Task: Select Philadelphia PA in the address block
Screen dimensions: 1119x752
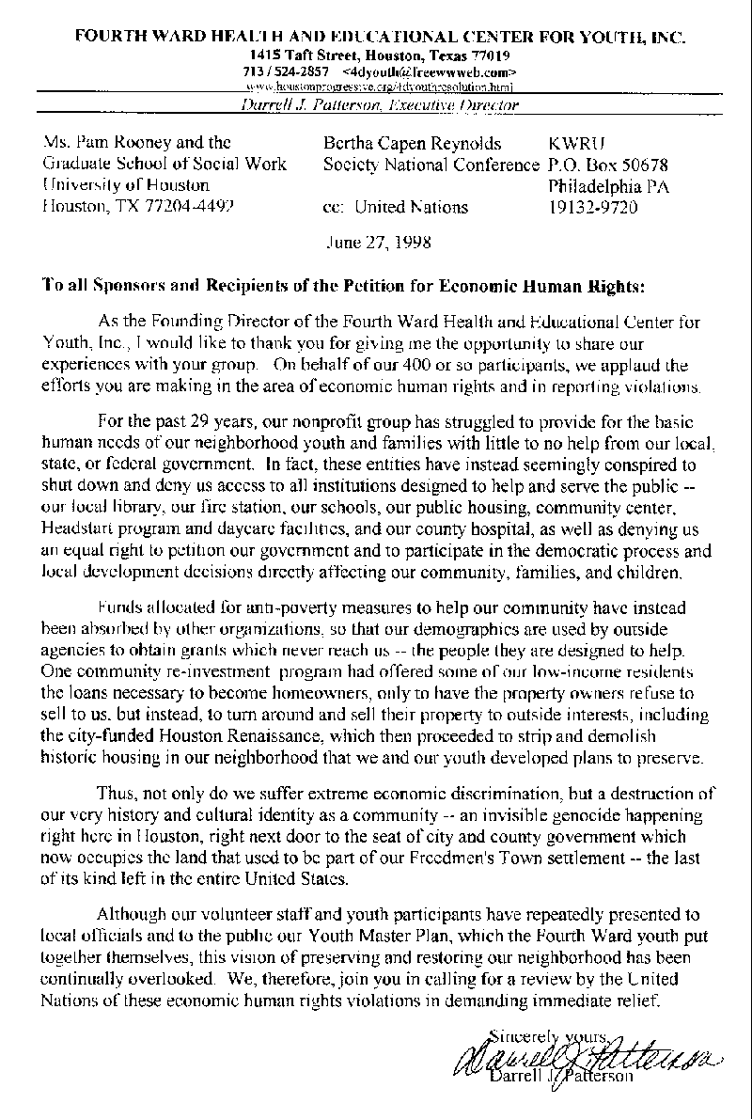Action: point(608,185)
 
